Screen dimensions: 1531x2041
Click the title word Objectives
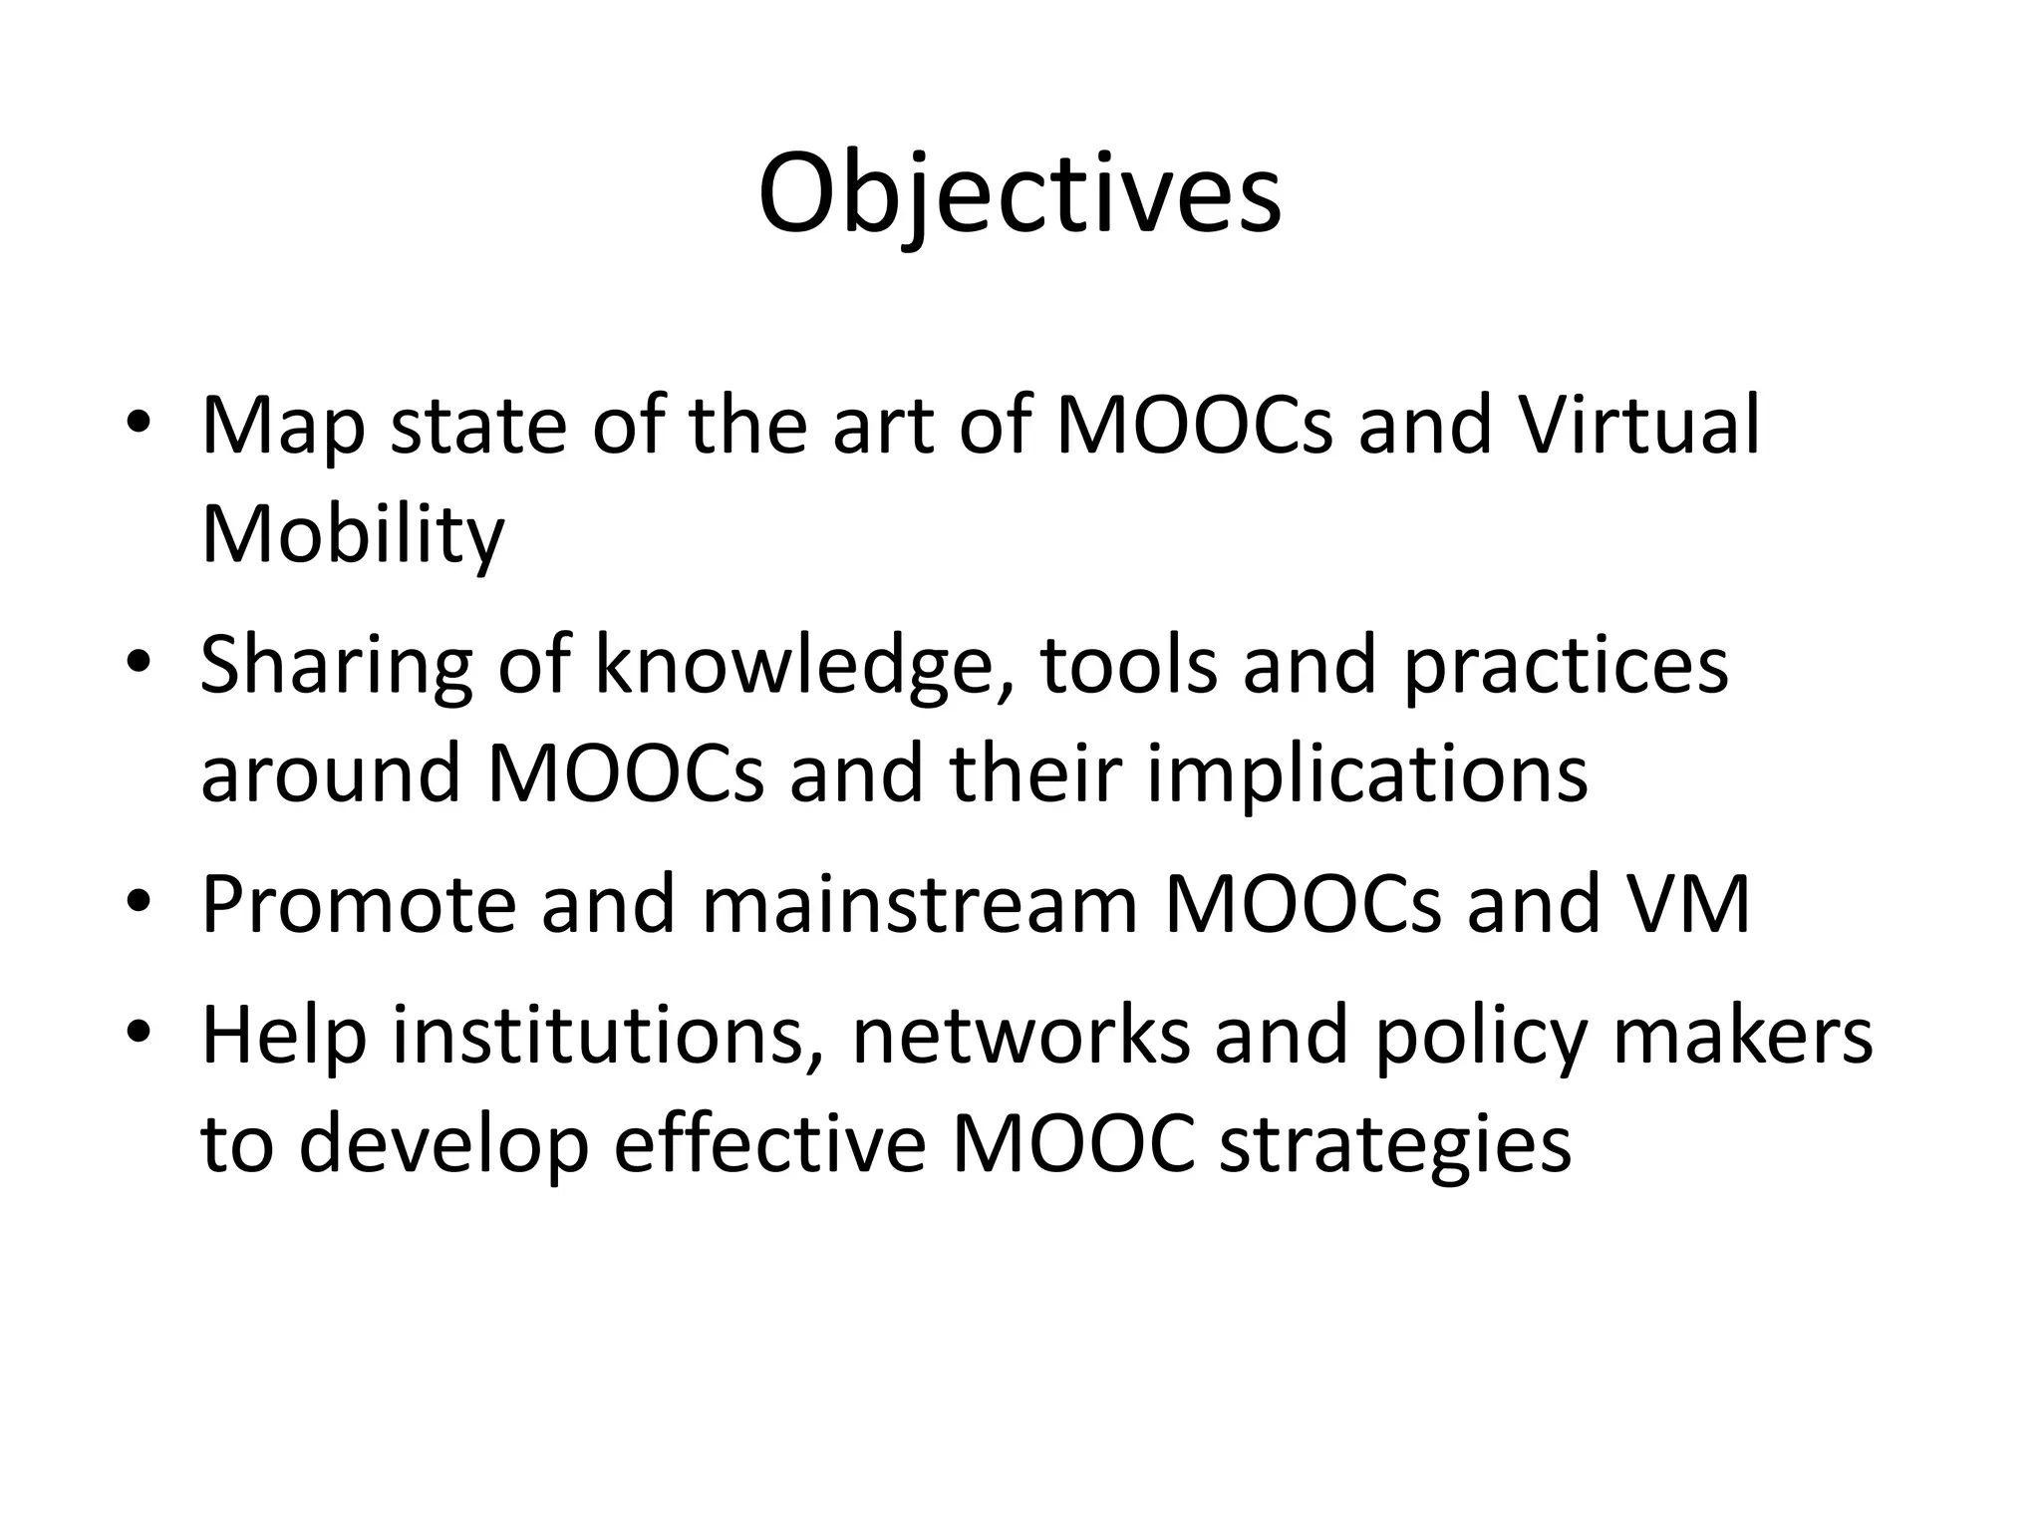coord(1019,194)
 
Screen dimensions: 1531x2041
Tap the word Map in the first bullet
coord(283,428)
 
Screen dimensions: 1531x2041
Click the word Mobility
coord(353,535)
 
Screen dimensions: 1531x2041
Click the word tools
coord(1128,665)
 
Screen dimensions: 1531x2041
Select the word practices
coord(1565,667)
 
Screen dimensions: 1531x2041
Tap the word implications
coord(1367,774)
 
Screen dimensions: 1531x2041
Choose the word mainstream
coord(920,904)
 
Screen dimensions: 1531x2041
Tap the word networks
coord(1021,1037)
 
